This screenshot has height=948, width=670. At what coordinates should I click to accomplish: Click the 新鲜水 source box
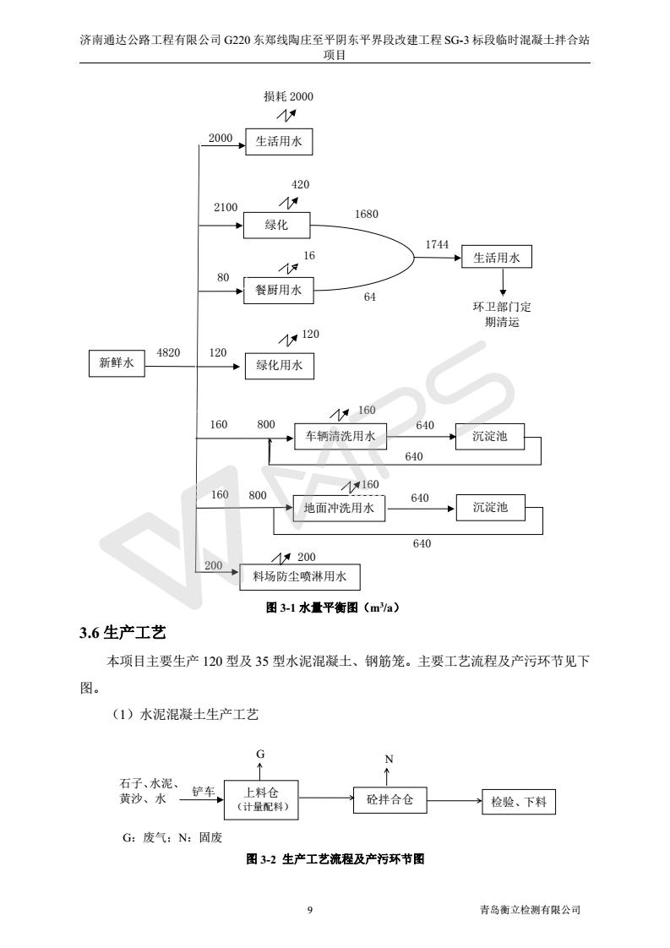coord(117,363)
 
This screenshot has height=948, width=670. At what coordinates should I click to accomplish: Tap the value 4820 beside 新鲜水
coord(168,352)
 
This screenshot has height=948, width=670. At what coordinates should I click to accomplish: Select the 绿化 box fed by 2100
coord(276,226)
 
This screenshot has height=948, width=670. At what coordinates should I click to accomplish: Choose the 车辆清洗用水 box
coord(340,437)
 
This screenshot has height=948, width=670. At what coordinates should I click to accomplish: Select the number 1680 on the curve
coord(366,215)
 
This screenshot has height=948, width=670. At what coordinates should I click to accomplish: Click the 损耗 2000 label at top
coord(288,96)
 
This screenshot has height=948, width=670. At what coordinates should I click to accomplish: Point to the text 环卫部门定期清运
coord(503,314)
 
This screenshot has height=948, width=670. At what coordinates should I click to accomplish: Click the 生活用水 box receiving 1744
coord(498,259)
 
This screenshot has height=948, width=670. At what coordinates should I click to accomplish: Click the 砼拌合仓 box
coord(389,798)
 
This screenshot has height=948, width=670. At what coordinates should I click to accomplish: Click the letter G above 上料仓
coord(260,752)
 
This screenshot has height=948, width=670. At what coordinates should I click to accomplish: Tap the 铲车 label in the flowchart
coord(204,791)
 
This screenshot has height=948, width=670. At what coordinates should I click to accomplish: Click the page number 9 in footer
coord(310,910)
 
